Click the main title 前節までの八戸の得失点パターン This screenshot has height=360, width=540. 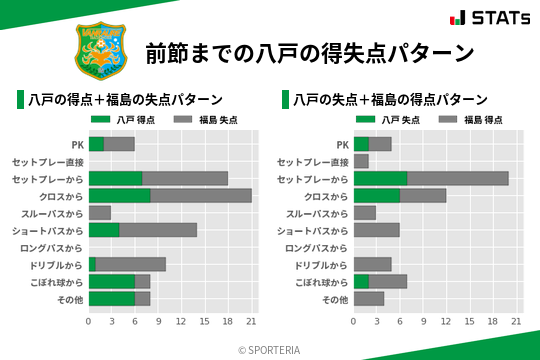click(308, 52)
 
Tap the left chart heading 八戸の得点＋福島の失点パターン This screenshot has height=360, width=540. click(124, 100)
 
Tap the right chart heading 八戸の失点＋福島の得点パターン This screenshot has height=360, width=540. click(390, 100)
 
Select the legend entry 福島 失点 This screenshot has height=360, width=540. click(201, 120)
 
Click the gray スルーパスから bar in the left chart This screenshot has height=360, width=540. click(99, 213)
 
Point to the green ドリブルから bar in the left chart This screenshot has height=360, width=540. click(92, 264)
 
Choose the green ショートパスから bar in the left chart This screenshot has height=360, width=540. click(104, 230)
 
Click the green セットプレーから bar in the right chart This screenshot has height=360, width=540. click(381, 178)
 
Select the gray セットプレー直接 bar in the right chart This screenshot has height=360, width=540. click(361, 161)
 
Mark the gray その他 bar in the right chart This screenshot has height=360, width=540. click(369, 298)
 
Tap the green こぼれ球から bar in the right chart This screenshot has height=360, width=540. click(361, 281)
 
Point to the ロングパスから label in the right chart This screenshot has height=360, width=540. click(317, 247)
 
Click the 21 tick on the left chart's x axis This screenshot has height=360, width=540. click(252, 321)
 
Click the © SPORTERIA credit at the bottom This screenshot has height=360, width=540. click(270, 349)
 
